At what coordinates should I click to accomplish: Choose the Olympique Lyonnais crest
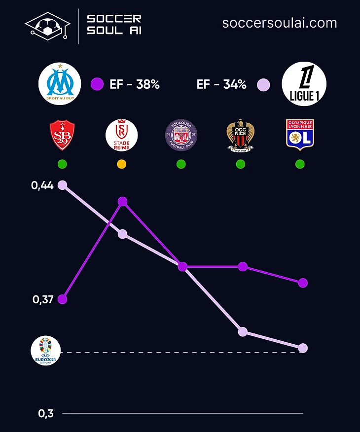pyautogui.click(x=300, y=135)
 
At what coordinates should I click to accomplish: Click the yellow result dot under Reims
pyautogui.click(x=122, y=164)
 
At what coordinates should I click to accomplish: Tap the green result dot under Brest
pyautogui.click(x=62, y=164)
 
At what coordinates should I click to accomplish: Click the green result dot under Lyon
pyautogui.click(x=300, y=164)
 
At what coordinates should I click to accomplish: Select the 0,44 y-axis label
pyautogui.click(x=42, y=185)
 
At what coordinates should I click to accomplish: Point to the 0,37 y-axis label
pyautogui.click(x=42, y=299)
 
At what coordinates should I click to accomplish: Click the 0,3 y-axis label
pyautogui.click(x=46, y=413)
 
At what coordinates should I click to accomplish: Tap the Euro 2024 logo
pyautogui.click(x=45, y=351)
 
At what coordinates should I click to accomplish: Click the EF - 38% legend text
pyautogui.click(x=134, y=84)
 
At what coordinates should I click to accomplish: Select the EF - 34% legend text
pyautogui.click(x=221, y=84)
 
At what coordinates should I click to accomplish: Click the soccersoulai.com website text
pyautogui.click(x=280, y=23)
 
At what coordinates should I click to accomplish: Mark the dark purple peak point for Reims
pyautogui.click(x=123, y=201)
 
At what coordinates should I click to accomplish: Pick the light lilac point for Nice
pyautogui.click(x=243, y=331)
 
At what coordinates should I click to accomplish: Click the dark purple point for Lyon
pyautogui.click(x=303, y=283)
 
